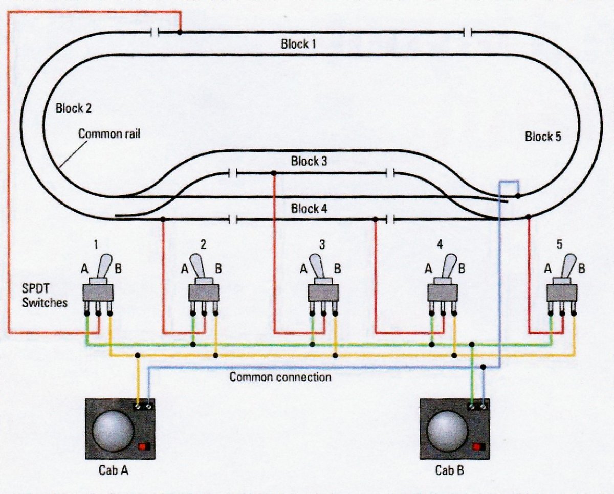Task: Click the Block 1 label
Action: (298, 44)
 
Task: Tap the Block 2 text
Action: (73, 108)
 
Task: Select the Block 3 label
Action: (309, 161)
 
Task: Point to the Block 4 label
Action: (309, 209)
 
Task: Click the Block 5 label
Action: (543, 137)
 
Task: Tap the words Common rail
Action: (109, 134)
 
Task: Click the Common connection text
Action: (280, 377)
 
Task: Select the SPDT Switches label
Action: (45, 296)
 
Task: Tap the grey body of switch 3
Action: (323, 293)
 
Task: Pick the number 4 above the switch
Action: (440, 244)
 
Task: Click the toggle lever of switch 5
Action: (568, 266)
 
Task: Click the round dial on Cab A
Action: (113, 431)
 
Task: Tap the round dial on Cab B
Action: (447, 431)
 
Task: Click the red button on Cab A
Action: (144, 446)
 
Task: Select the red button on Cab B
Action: (478, 446)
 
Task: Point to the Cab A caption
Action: (113, 470)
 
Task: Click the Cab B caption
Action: (449, 470)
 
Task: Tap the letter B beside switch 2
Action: (218, 268)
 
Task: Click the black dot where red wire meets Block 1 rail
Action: (180, 32)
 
